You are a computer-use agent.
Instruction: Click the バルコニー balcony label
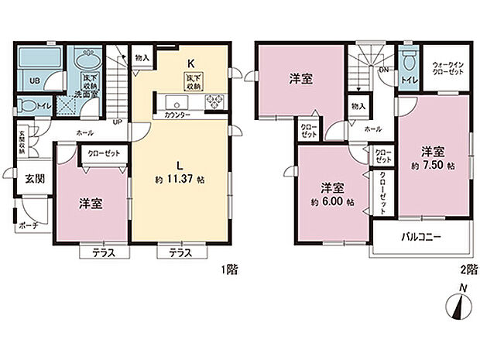422,237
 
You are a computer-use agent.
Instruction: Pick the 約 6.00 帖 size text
332,202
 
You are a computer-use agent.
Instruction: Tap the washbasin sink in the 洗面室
85,60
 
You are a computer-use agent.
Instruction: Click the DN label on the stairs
384,69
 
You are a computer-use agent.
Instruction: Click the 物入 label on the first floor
142,57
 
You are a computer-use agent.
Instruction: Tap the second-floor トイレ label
407,79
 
